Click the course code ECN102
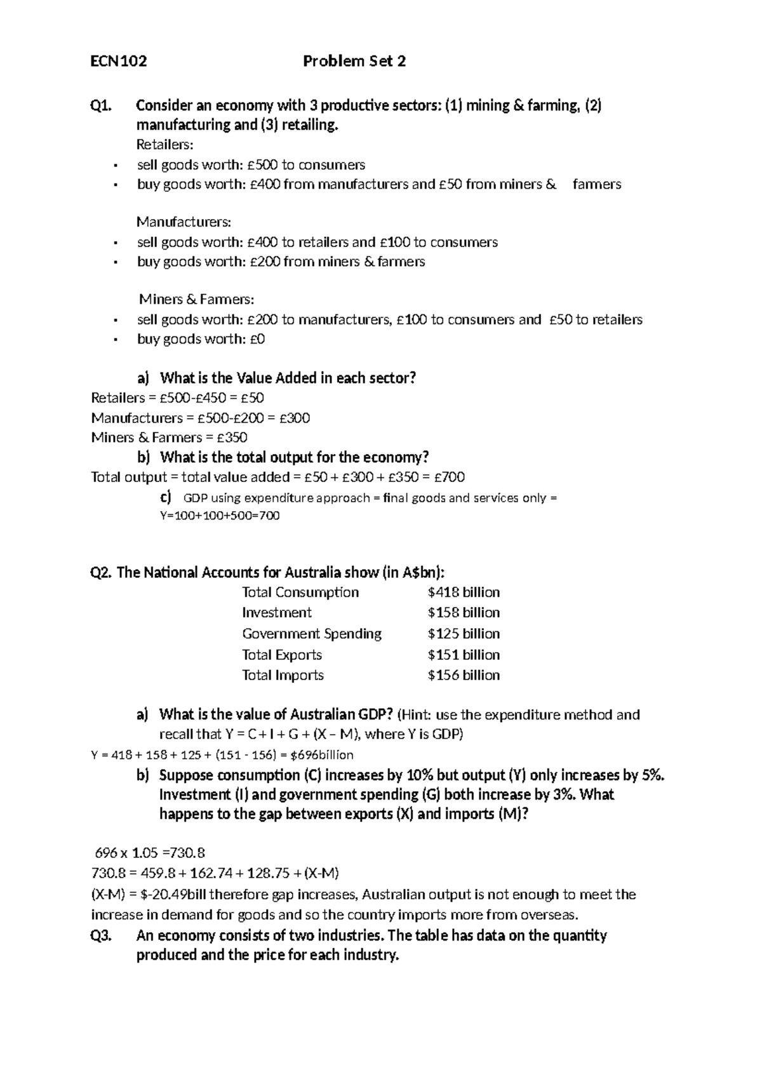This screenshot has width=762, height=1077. click(119, 62)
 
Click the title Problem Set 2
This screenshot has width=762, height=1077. click(354, 62)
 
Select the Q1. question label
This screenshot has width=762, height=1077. click(102, 105)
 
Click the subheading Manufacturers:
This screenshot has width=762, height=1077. click(184, 222)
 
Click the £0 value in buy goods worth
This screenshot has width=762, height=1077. click(257, 339)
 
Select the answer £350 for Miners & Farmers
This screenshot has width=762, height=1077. click(232, 438)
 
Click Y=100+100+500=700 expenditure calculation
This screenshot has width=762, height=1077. click(219, 516)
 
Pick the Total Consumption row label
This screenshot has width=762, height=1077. click(300, 592)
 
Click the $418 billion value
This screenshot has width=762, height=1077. click(464, 592)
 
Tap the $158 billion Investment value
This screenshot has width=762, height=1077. click(464, 613)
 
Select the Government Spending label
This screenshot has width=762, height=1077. click(312, 634)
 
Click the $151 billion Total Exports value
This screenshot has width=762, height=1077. click(464, 655)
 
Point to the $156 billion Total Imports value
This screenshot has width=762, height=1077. click(464, 675)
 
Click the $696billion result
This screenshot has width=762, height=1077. click(321, 755)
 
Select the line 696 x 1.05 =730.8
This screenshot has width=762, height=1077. click(150, 853)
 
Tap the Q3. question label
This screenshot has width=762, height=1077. click(102, 935)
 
